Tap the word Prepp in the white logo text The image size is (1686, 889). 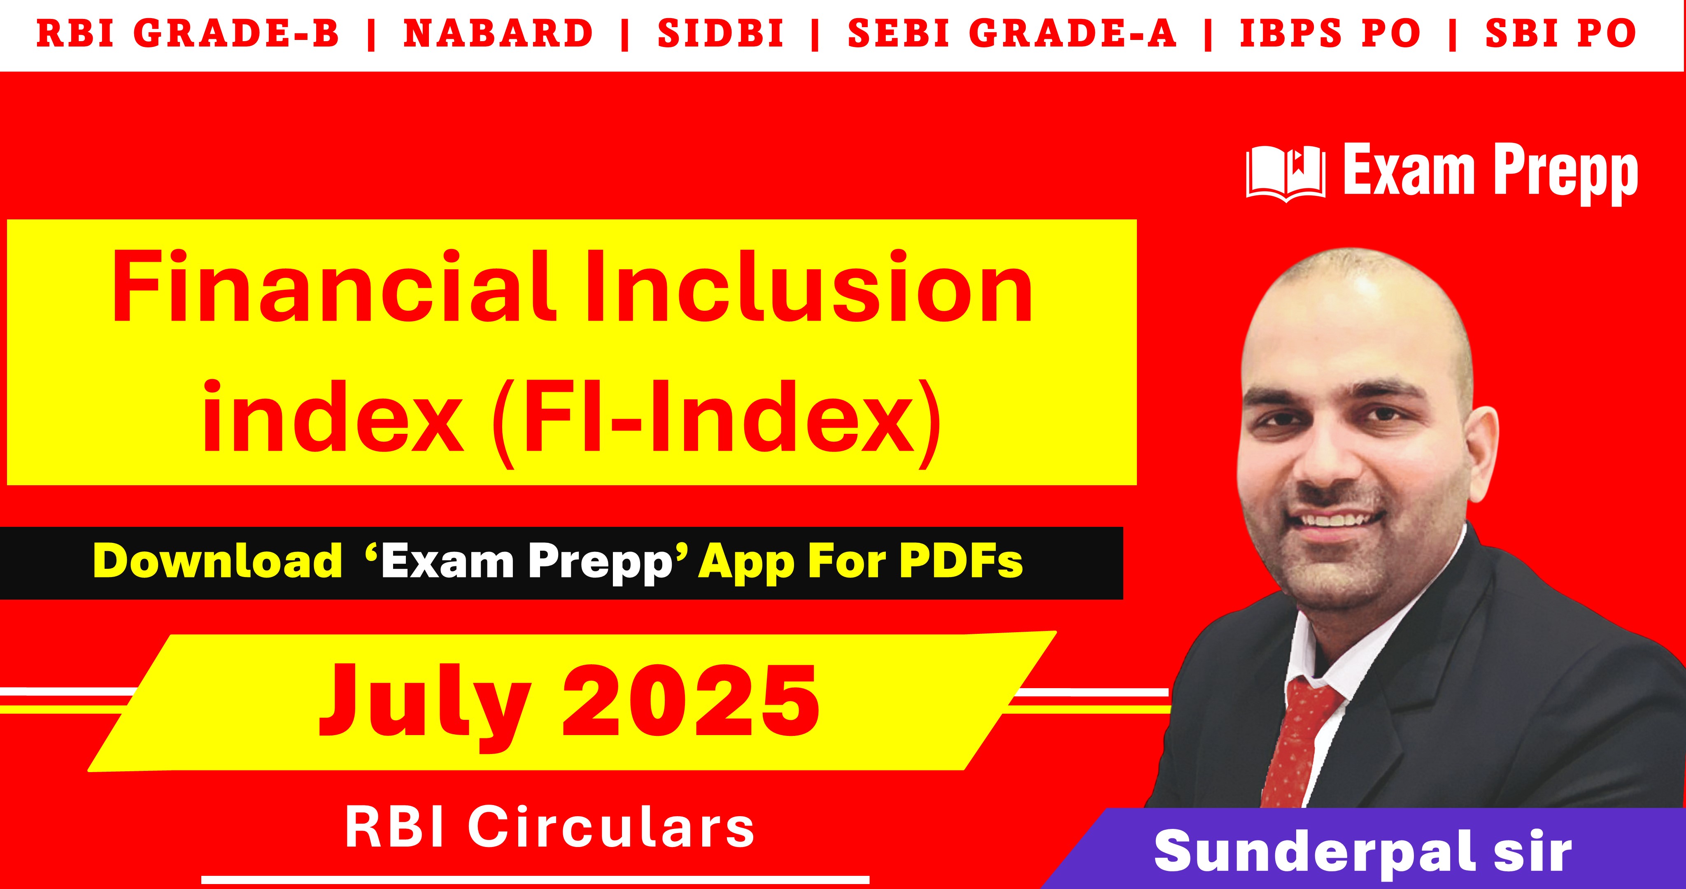click(1566, 174)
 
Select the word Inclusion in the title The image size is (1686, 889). click(809, 288)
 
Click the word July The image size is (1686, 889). click(424, 704)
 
